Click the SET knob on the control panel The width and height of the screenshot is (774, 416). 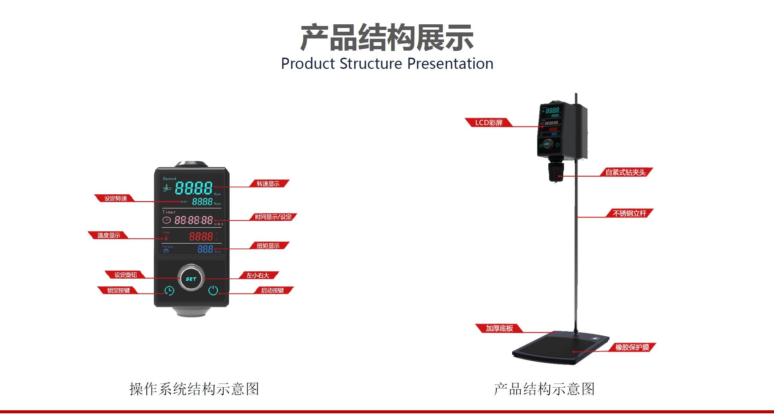pyautogui.click(x=191, y=278)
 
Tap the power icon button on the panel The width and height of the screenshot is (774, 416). pyautogui.click(x=213, y=290)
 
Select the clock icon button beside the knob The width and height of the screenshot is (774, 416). pyautogui.click(x=169, y=290)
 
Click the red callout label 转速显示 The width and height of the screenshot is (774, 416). pyautogui.click(x=268, y=184)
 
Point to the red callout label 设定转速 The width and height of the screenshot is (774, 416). pyautogui.click(x=115, y=198)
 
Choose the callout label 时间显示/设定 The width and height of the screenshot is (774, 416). pyautogui.click(x=273, y=217)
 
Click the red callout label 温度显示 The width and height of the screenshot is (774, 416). pyautogui.click(x=109, y=235)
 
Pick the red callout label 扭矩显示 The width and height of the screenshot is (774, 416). pyautogui.click(x=268, y=246)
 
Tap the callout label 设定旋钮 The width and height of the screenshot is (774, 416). pyautogui.click(x=126, y=275)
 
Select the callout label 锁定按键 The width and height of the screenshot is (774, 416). pyautogui.click(x=118, y=290)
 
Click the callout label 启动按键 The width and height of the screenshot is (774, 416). pyautogui.click(x=273, y=290)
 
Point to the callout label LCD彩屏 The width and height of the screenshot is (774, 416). pyautogui.click(x=489, y=122)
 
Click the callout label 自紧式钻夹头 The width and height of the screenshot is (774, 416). pyautogui.click(x=626, y=172)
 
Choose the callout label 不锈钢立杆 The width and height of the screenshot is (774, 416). pyautogui.click(x=630, y=213)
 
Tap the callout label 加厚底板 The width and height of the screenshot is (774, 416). pyautogui.click(x=499, y=328)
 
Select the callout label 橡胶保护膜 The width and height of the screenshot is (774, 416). pyautogui.click(x=632, y=347)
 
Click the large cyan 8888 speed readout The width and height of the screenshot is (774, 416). pyautogui.click(x=194, y=188)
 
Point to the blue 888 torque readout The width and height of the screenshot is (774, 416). pyautogui.click(x=205, y=249)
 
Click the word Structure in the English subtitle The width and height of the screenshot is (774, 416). pyautogui.click(x=371, y=63)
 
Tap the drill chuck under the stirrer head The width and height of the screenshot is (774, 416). pyautogui.click(x=556, y=172)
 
